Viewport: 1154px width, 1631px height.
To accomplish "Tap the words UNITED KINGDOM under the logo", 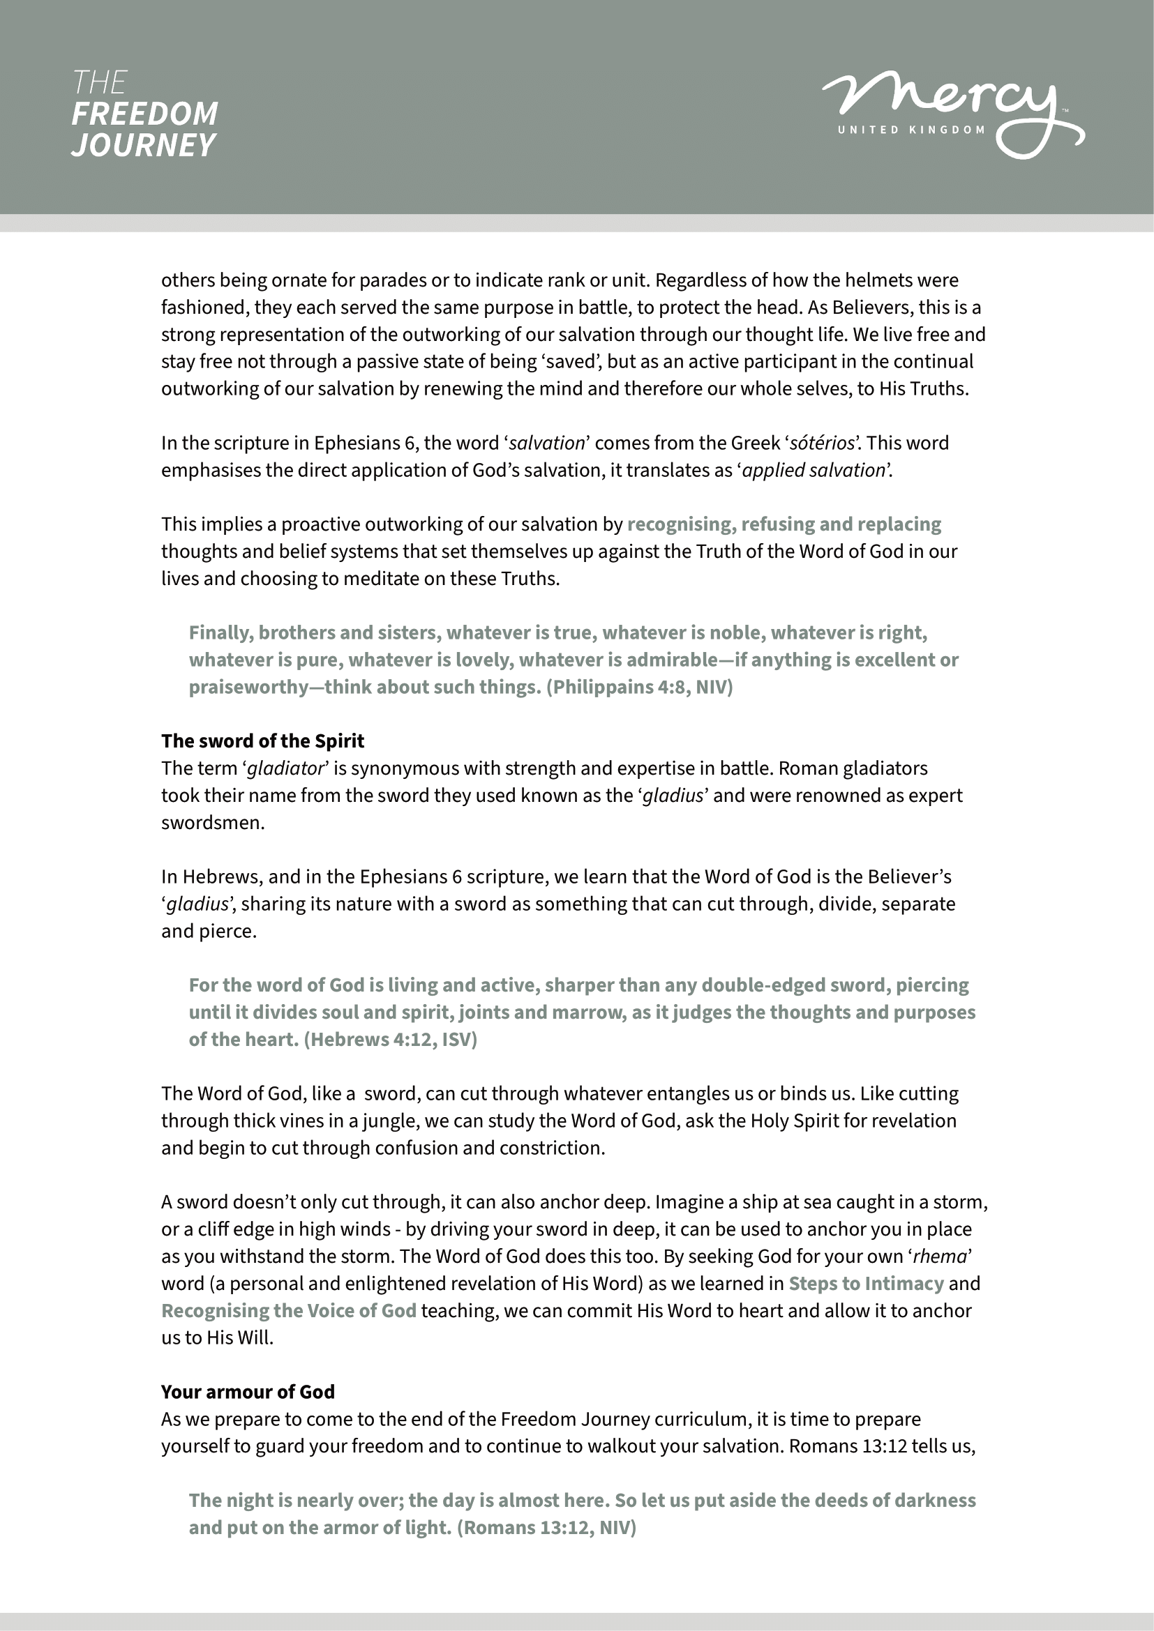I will tap(911, 130).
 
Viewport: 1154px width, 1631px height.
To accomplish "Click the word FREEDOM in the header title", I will tap(145, 114).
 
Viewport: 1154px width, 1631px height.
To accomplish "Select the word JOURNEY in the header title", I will tap(143, 145).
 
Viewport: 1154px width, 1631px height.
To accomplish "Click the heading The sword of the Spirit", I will tap(262, 741).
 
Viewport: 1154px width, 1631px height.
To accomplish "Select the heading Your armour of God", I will tap(247, 1392).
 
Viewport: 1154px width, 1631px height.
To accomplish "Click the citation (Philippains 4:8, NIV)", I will tap(639, 688).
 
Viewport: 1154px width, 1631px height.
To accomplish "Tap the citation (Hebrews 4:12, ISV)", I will tap(390, 1039).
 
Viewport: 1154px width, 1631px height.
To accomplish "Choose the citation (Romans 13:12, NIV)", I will tap(546, 1527).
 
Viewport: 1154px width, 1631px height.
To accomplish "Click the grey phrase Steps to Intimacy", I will tap(865, 1284).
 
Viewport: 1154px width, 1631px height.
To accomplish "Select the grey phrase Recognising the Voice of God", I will tap(289, 1311).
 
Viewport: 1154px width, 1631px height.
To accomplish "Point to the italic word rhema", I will tap(939, 1257).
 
